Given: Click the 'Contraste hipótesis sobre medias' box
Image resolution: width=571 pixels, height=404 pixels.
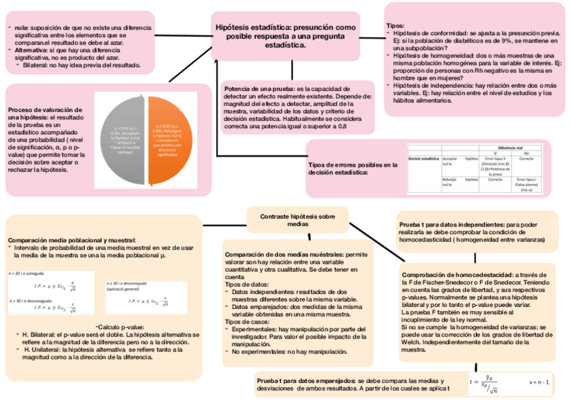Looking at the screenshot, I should click(297, 220).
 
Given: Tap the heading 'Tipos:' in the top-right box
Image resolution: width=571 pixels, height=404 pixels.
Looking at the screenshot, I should click(395, 26).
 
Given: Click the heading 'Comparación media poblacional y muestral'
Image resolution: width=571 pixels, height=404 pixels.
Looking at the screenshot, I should click(71, 240).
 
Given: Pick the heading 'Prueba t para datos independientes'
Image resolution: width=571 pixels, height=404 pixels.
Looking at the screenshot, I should click(451, 223).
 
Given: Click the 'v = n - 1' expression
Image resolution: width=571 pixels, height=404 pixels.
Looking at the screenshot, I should click(539, 383).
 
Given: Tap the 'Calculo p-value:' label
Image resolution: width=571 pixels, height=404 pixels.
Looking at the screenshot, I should click(120, 326).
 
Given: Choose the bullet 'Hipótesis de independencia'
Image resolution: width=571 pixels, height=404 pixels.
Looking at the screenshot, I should click(438, 86).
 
